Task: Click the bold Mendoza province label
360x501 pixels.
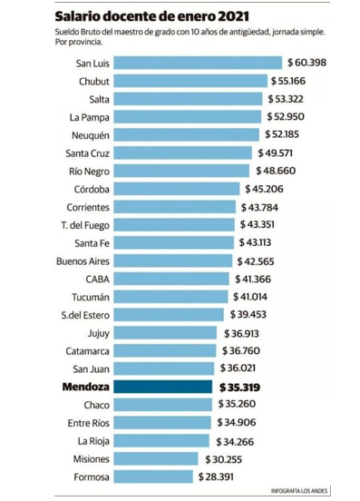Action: point(84,387)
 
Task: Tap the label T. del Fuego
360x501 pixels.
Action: point(85,224)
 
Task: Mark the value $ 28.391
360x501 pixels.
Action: point(221,476)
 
